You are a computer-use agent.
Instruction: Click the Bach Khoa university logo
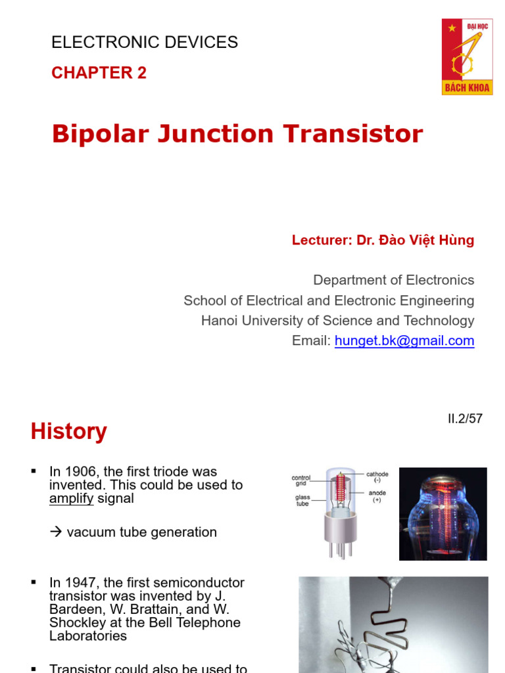click(x=467, y=57)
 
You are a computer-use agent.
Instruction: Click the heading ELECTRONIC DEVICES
click(x=145, y=43)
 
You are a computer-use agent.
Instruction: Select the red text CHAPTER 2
click(x=99, y=73)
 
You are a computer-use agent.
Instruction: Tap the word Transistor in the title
click(x=353, y=134)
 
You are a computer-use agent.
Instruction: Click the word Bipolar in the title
click(x=102, y=134)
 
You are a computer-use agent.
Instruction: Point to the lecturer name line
click(x=383, y=240)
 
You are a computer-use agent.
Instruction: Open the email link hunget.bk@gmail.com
click(x=404, y=340)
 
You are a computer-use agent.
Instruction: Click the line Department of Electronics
click(x=393, y=280)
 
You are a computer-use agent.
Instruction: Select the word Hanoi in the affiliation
click(x=221, y=321)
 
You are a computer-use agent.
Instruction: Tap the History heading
click(x=68, y=432)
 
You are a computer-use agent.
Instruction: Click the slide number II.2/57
click(x=464, y=419)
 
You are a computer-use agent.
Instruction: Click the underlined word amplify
click(x=71, y=499)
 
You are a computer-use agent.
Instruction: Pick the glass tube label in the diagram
click(x=302, y=501)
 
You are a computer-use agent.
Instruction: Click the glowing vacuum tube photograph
click(x=443, y=513)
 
